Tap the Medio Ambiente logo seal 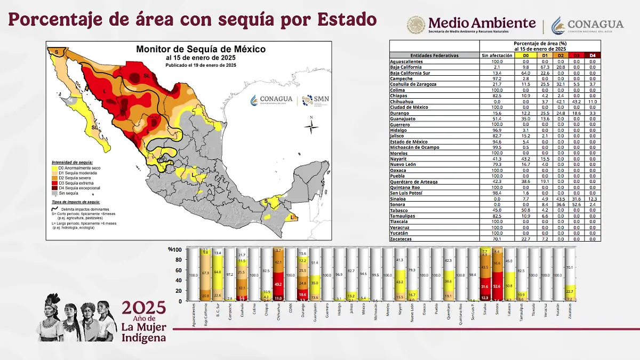click(x=416, y=25)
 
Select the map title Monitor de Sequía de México click(x=201, y=49)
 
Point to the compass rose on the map click(x=311, y=126)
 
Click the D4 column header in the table click(x=593, y=55)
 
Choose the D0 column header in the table click(x=525, y=55)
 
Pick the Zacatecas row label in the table click(x=404, y=239)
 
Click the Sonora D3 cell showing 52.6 click(x=576, y=204)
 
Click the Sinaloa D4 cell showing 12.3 click(x=593, y=198)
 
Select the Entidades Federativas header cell click(x=434, y=55)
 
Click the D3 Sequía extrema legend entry click(x=75, y=182)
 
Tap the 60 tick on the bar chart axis click(x=179, y=270)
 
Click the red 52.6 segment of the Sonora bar click(x=497, y=286)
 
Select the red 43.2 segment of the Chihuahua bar click(x=278, y=285)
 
